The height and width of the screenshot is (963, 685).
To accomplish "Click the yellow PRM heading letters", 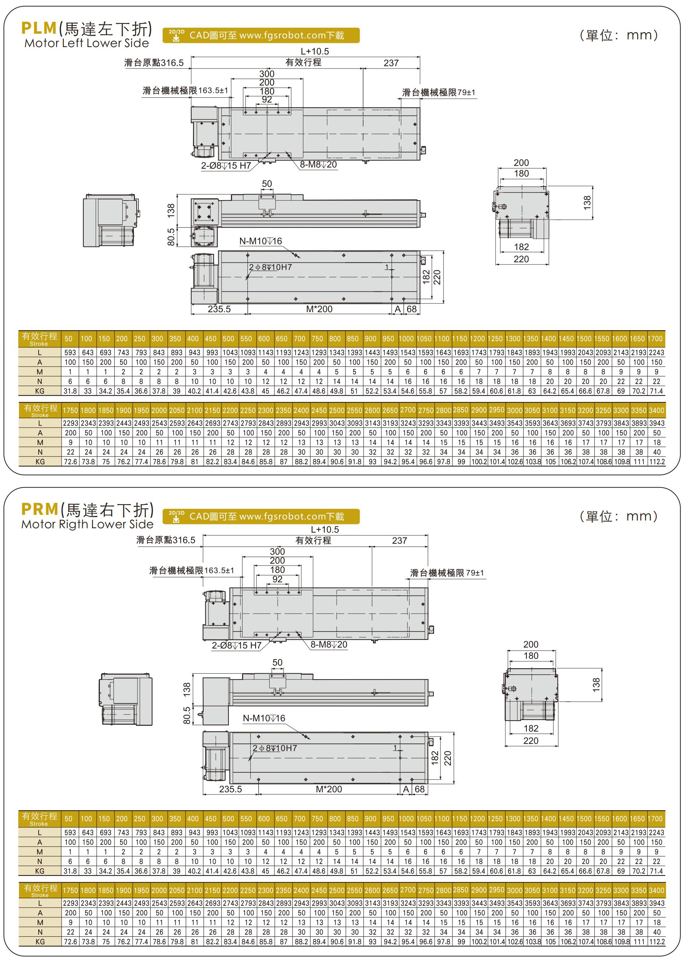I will [40, 509].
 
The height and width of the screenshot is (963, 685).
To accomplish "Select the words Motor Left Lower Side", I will [86, 43].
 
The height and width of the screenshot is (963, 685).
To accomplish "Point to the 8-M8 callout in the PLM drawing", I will [318, 164].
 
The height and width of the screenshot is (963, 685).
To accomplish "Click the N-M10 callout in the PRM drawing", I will [264, 718].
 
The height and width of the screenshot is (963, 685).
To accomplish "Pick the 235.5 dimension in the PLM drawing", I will [219, 309].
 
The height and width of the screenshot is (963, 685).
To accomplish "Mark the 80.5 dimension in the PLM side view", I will [171, 237].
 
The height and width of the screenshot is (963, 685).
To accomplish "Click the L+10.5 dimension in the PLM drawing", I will [315, 51].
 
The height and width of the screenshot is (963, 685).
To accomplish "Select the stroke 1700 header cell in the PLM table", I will [655, 339].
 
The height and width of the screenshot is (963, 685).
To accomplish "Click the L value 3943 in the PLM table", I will [657, 423].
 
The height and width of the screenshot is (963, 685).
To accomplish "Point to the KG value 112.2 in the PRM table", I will [657, 942].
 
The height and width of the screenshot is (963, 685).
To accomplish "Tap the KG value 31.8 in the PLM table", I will [70, 391].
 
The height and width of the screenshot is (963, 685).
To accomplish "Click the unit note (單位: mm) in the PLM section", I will [619, 35].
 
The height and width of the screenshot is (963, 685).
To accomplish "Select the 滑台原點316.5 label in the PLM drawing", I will [154, 63].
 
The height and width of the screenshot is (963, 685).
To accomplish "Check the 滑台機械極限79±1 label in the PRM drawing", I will [447, 573].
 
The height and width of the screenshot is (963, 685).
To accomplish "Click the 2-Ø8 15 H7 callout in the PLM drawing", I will [226, 166].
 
